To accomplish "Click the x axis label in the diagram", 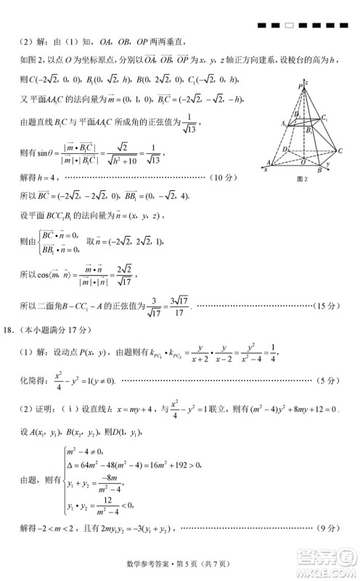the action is [265, 168].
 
